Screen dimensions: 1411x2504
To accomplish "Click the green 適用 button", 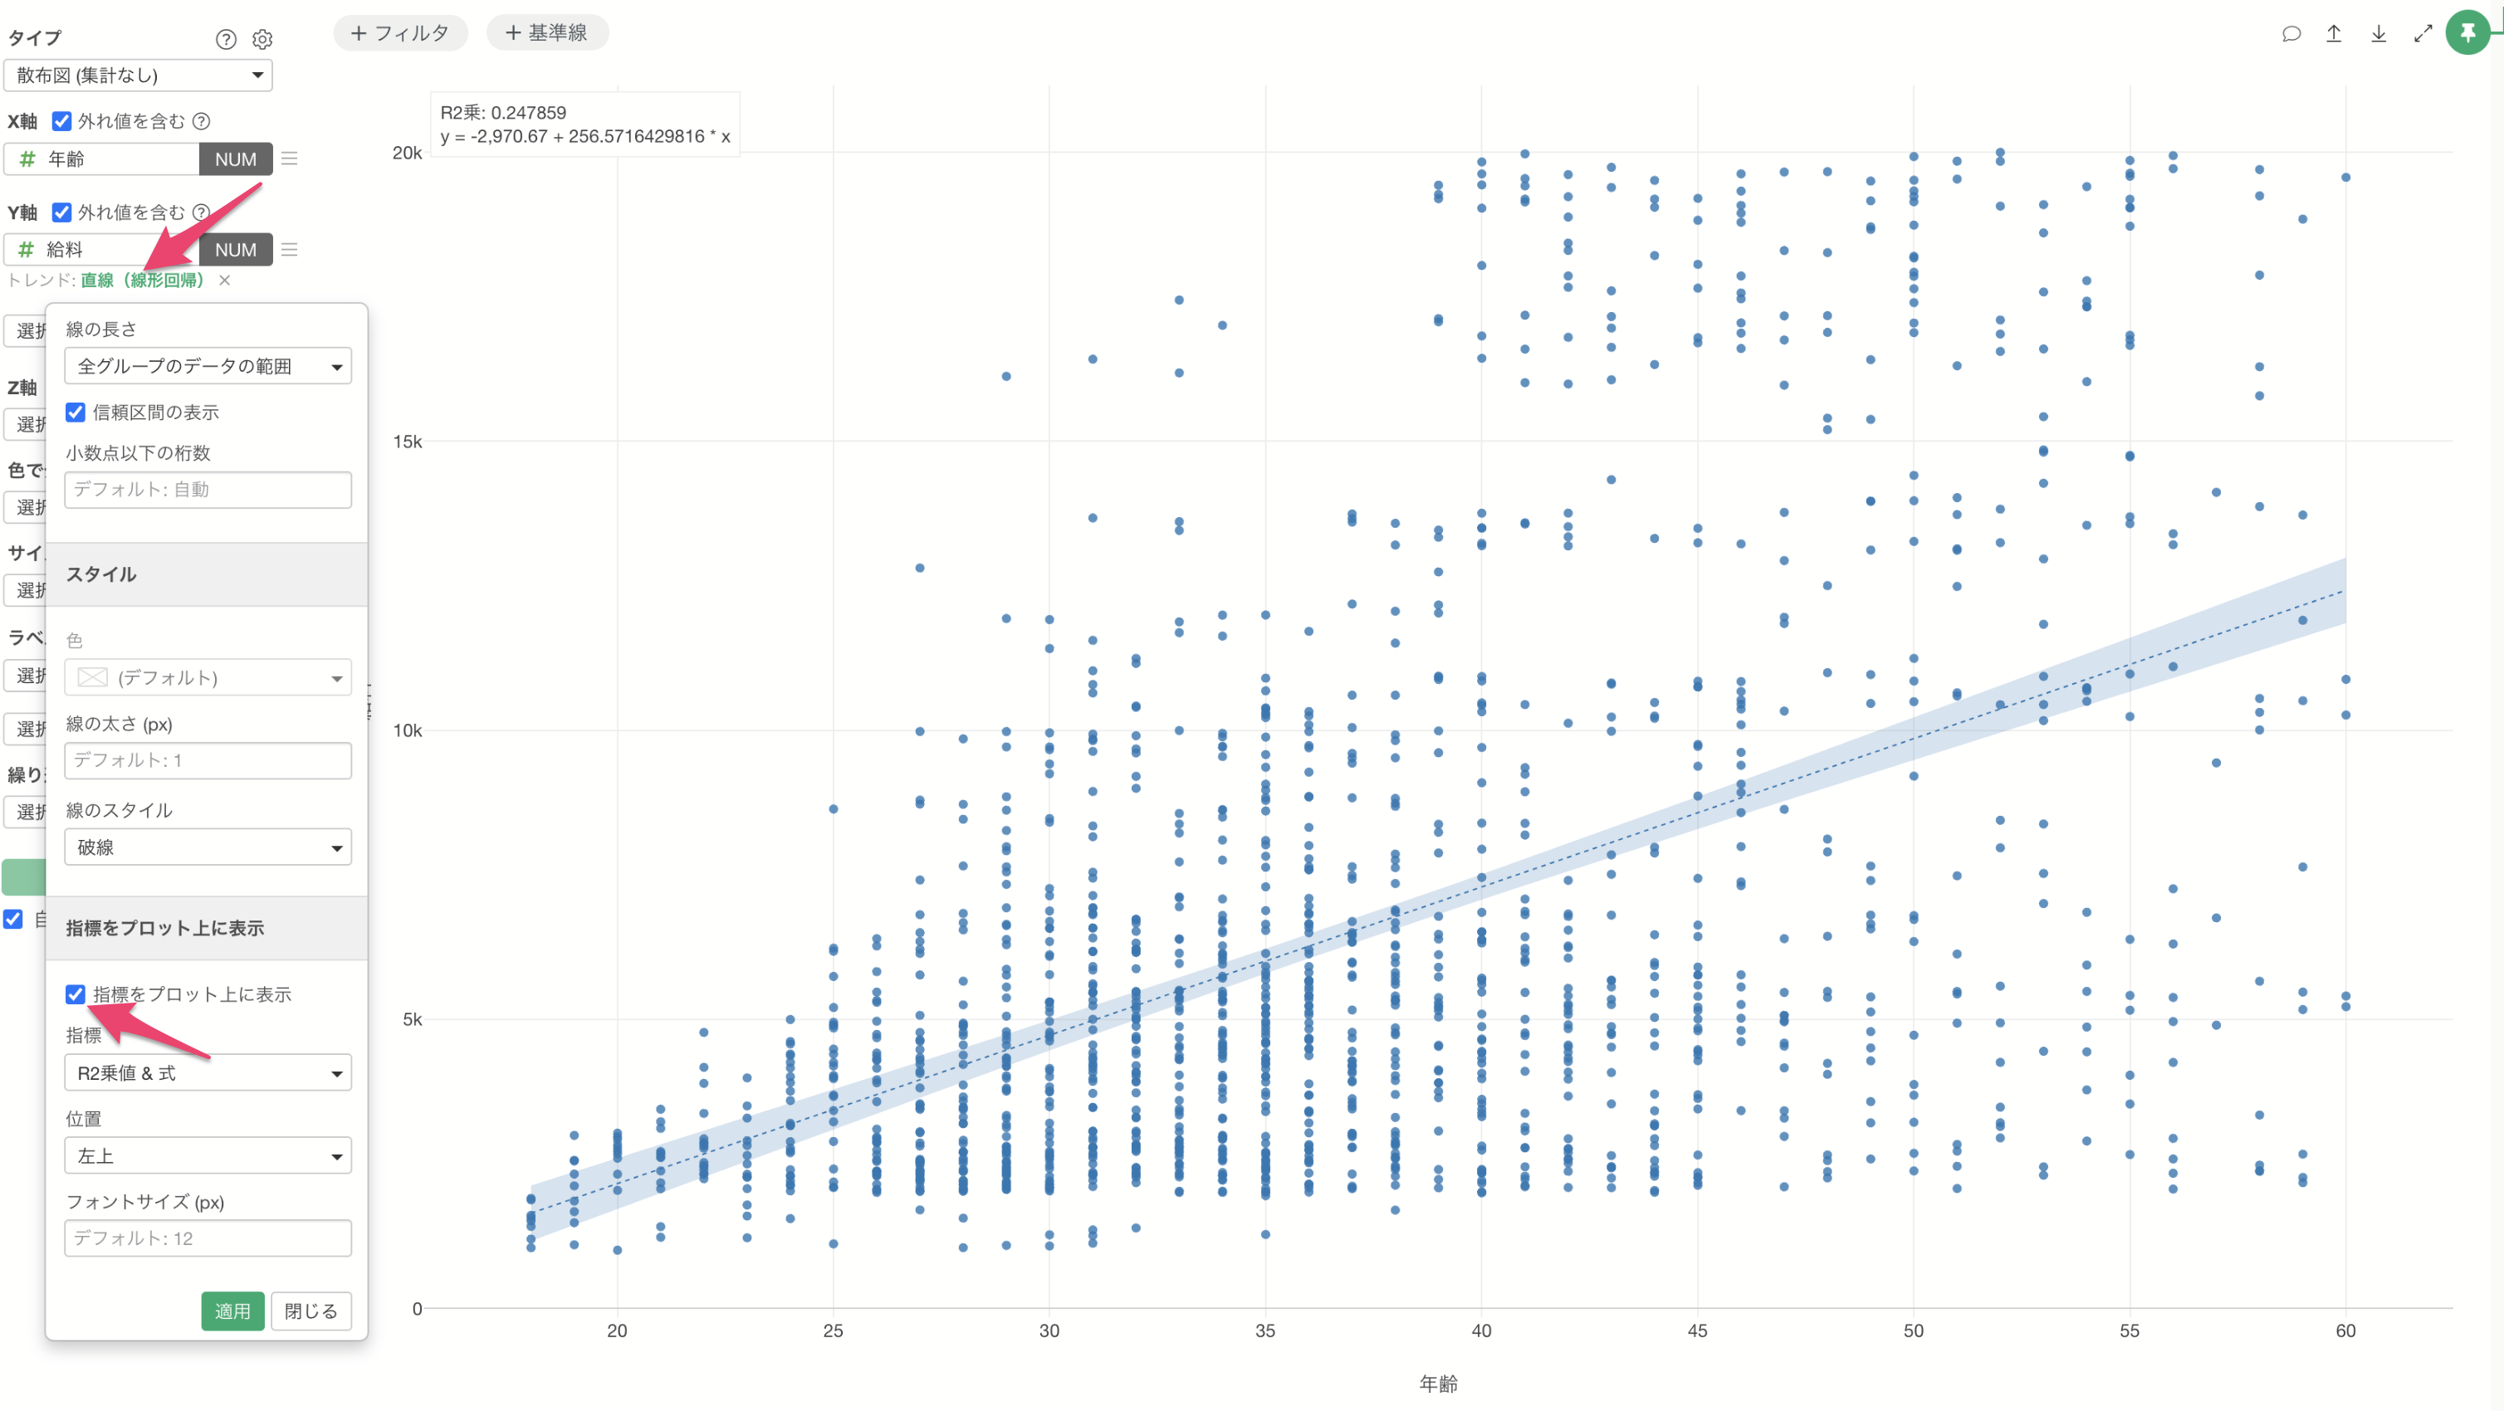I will tap(232, 1311).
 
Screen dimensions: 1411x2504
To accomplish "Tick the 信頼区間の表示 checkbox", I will tap(76, 412).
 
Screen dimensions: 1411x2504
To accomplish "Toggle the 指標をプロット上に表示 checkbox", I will tap(76, 994).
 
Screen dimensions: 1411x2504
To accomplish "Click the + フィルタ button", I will tap(399, 33).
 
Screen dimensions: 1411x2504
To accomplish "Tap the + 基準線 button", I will tap(547, 33).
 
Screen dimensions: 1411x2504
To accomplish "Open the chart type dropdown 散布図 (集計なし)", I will tap(138, 75).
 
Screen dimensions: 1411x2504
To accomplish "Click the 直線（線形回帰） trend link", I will tap(142, 280).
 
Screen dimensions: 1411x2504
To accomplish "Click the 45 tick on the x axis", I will tap(1697, 1330).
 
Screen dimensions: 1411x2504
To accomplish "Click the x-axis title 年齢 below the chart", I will tap(1438, 1383).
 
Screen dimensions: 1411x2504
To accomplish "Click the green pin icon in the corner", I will tap(2467, 33).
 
